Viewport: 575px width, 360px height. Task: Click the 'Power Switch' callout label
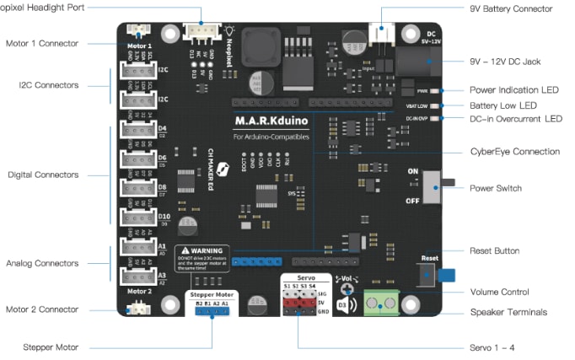[495, 188]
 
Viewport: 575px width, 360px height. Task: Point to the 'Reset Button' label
[494, 250]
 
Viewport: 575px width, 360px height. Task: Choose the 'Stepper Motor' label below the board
[51, 347]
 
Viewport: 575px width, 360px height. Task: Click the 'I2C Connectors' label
[49, 85]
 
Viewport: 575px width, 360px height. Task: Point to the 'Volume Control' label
[499, 293]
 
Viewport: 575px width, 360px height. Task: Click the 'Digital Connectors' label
[43, 175]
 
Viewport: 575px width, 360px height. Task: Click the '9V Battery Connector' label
[511, 8]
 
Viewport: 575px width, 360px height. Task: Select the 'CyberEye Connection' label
[514, 152]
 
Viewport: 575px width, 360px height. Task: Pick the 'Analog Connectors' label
[44, 263]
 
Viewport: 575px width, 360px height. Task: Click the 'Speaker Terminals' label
[508, 312]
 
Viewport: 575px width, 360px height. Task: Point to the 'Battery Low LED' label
[502, 105]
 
